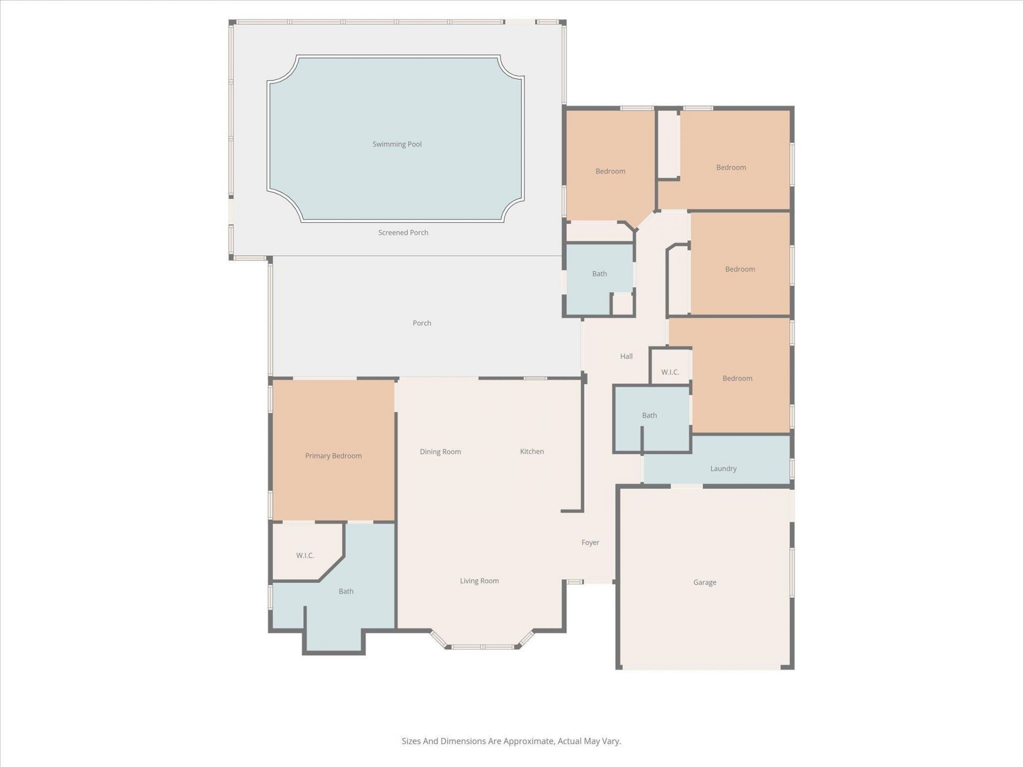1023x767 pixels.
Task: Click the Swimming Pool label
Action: coord(397,144)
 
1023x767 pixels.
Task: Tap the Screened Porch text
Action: coord(403,233)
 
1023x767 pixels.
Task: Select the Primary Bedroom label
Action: coord(333,456)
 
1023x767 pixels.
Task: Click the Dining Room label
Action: coord(440,452)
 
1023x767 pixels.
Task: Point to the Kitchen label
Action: coord(532,452)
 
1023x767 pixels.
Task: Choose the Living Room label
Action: coord(479,581)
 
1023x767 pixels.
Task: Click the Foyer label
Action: coord(590,543)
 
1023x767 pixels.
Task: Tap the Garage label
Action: coord(704,583)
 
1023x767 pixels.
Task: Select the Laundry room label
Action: coord(723,469)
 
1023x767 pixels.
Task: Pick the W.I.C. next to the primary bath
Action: coord(305,556)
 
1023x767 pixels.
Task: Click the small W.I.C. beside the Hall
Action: coord(670,372)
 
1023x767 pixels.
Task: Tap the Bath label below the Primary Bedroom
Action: coord(346,591)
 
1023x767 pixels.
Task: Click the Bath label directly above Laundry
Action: coord(649,415)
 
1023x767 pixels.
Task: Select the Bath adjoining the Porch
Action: coord(599,274)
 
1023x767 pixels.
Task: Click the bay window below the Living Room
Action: coord(482,647)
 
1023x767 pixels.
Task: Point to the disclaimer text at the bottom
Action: coord(511,741)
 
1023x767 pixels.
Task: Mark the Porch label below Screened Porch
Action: coord(421,323)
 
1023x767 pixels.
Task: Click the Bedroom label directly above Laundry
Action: coord(737,379)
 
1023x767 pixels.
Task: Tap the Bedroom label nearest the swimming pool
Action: coord(610,172)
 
